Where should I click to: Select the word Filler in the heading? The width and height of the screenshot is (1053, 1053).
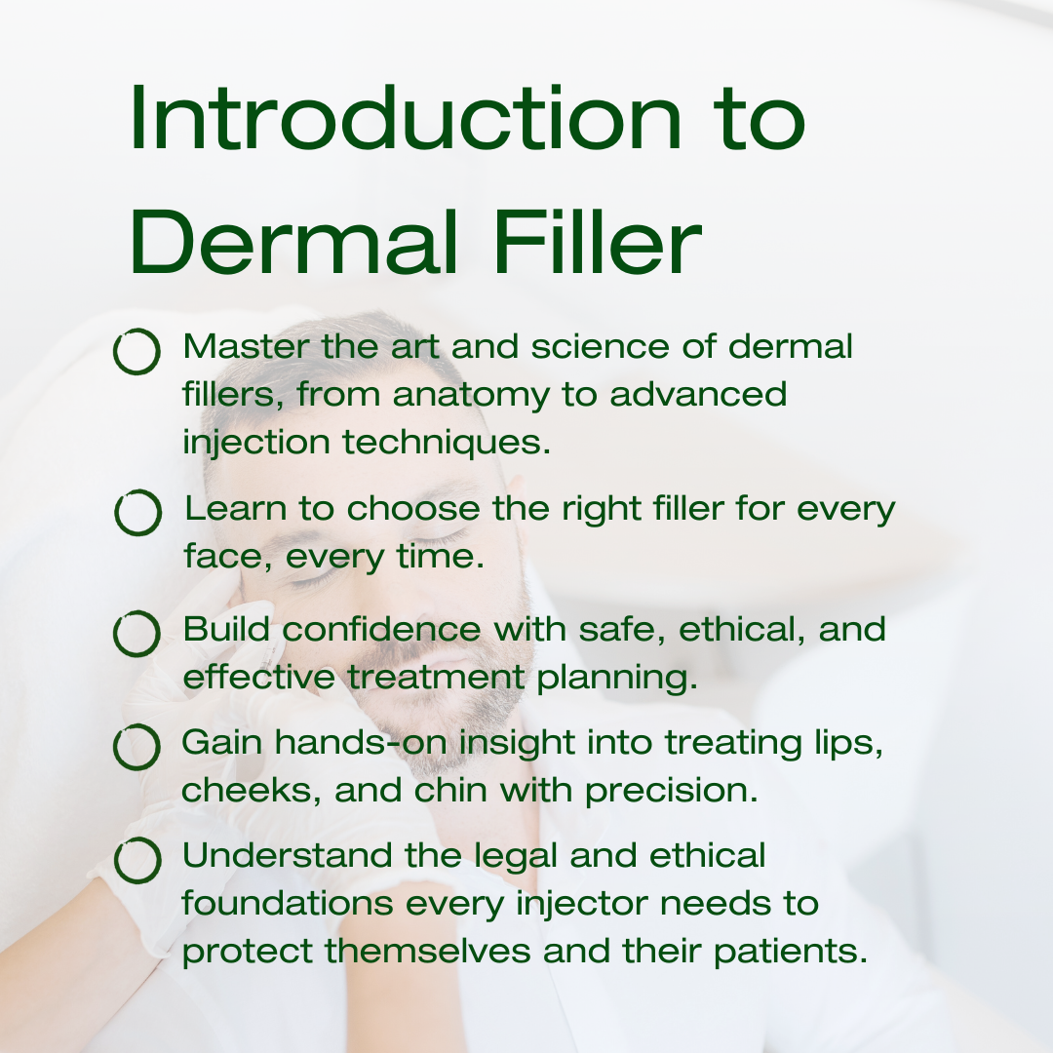[x=598, y=241]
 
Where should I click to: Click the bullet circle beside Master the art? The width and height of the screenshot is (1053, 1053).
[x=136, y=351]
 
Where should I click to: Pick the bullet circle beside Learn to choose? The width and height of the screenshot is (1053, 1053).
[x=137, y=513]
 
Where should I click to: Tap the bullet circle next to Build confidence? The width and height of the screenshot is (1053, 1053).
[x=136, y=634]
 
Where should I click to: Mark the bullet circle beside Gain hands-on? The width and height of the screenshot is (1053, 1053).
[x=136, y=746]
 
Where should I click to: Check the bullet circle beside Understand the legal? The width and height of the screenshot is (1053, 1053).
[x=137, y=860]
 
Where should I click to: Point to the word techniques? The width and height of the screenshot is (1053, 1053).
[x=447, y=442]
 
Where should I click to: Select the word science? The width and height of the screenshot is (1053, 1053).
[x=601, y=347]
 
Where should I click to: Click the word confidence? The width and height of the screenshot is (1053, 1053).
[x=381, y=630]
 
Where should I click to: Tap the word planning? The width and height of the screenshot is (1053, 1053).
[x=617, y=679]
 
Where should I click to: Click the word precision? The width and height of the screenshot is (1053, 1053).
[x=672, y=792]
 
